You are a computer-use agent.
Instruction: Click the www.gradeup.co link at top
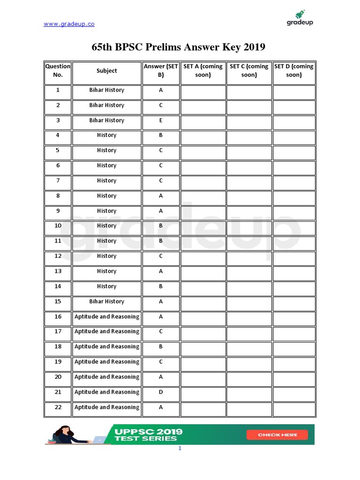coord(69,24)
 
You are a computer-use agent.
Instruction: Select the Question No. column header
coord(58,71)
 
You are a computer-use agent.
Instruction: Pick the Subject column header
coord(107,71)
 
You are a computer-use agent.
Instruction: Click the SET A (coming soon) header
coord(203,71)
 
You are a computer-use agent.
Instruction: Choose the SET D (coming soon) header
coord(294,71)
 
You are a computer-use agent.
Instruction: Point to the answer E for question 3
coord(161,120)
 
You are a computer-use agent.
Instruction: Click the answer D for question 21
coord(161,392)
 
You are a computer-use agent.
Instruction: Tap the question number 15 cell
coord(58,301)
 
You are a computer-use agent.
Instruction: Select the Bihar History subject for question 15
coord(107,301)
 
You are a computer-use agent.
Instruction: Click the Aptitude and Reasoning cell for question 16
coord(107,316)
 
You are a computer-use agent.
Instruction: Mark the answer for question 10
coord(161,226)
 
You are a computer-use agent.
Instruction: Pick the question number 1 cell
coord(58,90)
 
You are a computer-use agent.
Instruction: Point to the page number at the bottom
coord(180,449)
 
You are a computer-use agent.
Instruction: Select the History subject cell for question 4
coord(107,135)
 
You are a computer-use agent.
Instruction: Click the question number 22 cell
coord(58,407)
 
